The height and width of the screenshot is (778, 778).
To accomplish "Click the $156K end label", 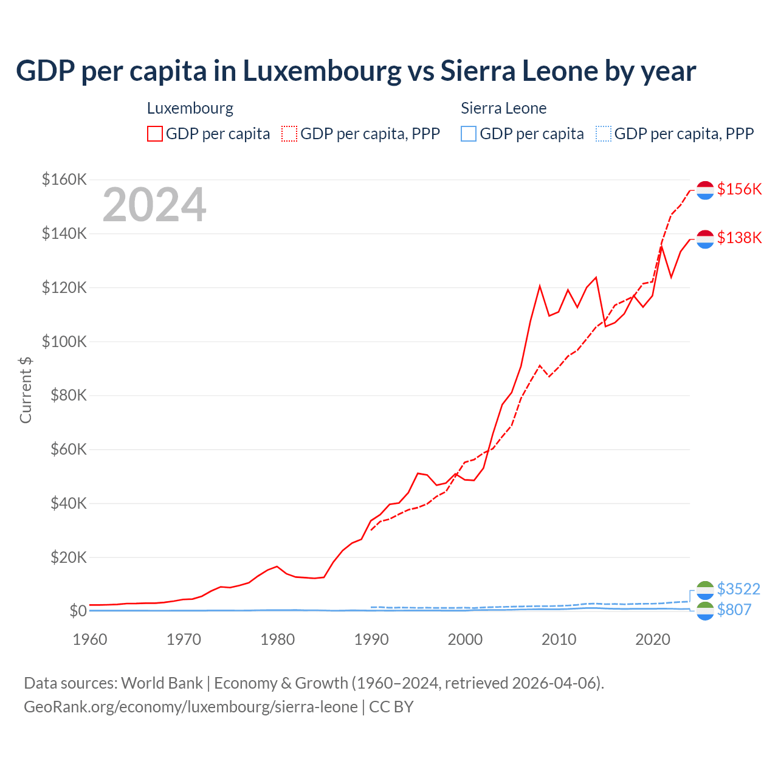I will click(739, 189).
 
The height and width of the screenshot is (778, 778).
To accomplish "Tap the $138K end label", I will click(739, 238).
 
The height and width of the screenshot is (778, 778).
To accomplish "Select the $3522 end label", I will click(738, 589).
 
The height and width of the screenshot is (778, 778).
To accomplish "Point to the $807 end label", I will click(734, 610).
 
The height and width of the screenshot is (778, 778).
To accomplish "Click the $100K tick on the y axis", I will click(64, 342).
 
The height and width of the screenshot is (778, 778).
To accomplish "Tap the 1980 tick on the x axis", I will click(277, 639).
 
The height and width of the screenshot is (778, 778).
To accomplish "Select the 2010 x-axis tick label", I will click(559, 639).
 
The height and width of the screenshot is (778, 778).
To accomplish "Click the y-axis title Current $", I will click(26, 390).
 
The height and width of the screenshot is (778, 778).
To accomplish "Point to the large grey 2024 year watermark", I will click(154, 205).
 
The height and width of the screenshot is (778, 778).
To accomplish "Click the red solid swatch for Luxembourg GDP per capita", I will click(155, 134).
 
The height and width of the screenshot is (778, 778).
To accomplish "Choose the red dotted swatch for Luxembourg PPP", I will click(289, 134).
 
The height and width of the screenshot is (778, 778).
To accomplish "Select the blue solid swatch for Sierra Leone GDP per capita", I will click(469, 134).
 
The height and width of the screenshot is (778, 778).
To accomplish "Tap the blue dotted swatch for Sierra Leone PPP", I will click(604, 134).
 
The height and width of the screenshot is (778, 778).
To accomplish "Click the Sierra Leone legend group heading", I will click(503, 108).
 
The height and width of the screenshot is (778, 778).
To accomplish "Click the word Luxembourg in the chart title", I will click(322, 71).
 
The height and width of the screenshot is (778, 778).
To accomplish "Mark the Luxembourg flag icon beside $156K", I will click(705, 190).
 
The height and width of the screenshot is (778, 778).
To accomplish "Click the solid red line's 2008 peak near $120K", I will click(540, 286).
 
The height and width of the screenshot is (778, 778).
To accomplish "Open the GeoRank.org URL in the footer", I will click(191, 707).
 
